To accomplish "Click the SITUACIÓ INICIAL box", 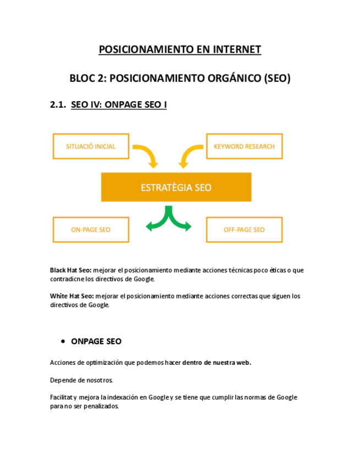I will point(91,147).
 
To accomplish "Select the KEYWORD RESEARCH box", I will point(244,147).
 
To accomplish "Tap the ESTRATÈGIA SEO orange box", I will point(176,187).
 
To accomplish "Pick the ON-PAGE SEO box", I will point(91,230).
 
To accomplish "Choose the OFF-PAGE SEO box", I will point(244,230).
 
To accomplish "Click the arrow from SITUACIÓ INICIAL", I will point(147,155).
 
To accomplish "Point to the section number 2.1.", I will point(58,104).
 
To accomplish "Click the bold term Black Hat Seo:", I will point(70,270).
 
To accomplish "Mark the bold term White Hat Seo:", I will point(71,296).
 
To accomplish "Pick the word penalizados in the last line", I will point(97,407).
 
